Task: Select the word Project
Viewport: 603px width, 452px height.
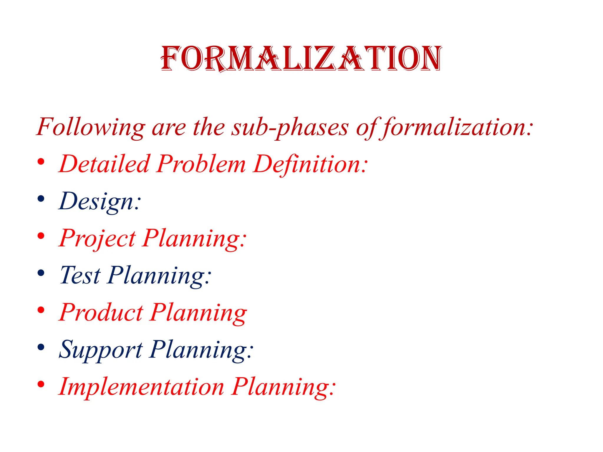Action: (97, 238)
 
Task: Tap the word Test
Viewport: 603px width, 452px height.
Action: (80, 275)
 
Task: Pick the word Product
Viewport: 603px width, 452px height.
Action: (101, 313)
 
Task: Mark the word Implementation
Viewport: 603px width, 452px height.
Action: (141, 387)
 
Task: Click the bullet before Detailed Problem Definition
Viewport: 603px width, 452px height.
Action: (41, 162)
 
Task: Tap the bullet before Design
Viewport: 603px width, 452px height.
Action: (41, 199)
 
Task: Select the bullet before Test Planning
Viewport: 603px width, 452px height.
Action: (41, 273)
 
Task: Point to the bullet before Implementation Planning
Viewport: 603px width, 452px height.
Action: (41, 384)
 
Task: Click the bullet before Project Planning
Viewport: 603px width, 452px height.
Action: (41, 236)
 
